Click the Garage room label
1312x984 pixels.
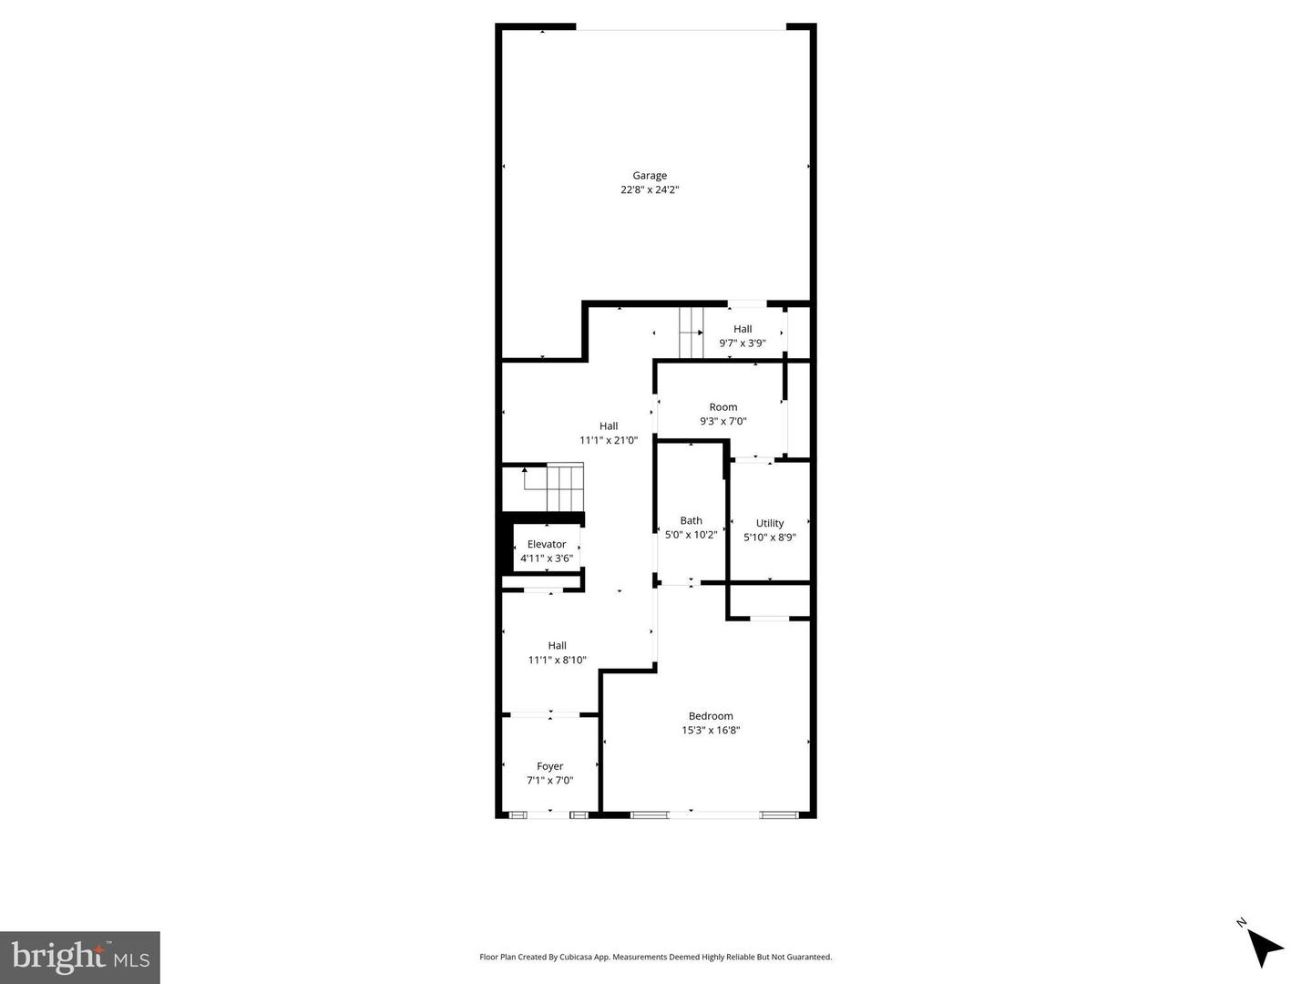[650, 176]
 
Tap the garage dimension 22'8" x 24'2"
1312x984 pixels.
[650, 190]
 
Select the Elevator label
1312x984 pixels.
[547, 544]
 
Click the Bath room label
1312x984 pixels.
[691, 521]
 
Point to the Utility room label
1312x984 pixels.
[770, 523]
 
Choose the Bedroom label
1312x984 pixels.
[711, 716]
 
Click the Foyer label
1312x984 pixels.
[549, 766]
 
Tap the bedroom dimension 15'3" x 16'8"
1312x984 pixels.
[711, 730]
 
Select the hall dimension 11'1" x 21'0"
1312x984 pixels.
[609, 440]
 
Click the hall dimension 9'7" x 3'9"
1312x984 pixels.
[743, 343]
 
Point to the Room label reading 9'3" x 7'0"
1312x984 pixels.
[723, 407]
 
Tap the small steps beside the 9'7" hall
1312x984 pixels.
[692, 333]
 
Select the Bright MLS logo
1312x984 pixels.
[80, 957]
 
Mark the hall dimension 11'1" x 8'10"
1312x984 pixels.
[558, 661]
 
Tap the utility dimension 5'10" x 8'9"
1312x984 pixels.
[770, 538]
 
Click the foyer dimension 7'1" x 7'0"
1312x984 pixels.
[549, 781]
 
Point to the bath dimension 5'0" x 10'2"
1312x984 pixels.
[691, 536]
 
